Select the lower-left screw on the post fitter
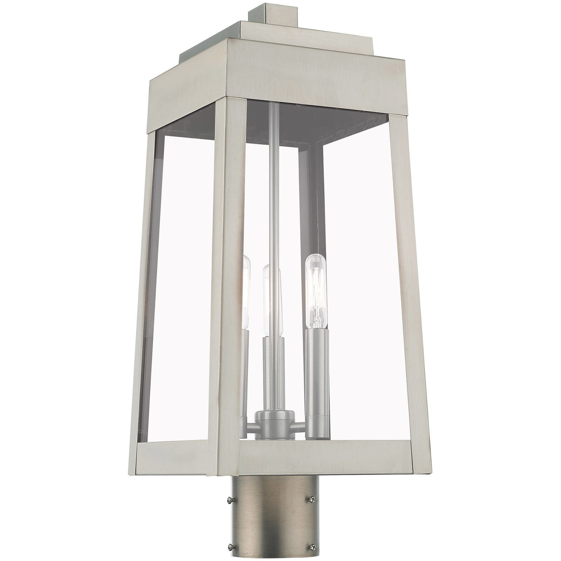tap(229, 535)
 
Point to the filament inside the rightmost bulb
tap(315, 291)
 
